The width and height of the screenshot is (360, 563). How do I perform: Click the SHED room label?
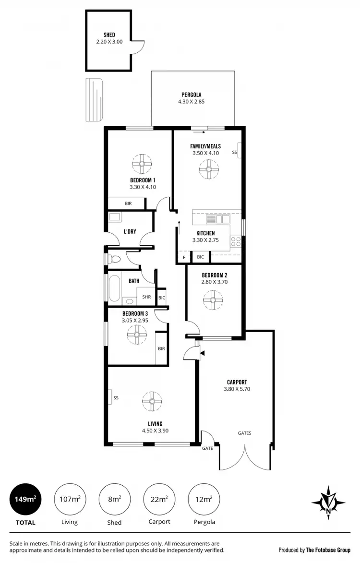(109, 35)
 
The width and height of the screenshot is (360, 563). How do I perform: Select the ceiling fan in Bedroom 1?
(142, 164)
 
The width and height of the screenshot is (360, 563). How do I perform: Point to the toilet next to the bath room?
(114, 260)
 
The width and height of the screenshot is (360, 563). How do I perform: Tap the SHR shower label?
(146, 297)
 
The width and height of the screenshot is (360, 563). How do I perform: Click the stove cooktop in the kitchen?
(236, 241)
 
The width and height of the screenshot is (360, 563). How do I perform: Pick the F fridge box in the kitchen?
(183, 257)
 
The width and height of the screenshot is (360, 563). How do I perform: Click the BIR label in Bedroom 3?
(161, 348)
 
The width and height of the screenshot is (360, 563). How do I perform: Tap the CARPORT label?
(237, 383)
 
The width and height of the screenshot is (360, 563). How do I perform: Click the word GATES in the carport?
(244, 433)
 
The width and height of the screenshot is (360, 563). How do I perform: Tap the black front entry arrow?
(203, 354)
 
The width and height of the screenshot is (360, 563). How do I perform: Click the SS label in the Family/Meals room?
(235, 153)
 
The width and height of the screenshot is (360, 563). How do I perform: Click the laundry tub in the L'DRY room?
(115, 217)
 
